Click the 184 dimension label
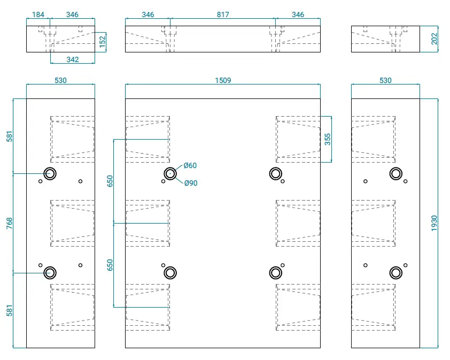38,14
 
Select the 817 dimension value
223,14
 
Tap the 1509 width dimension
223,80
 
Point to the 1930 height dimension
434,223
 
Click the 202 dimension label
434,39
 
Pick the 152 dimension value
102,42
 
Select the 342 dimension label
72,59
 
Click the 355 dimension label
328,139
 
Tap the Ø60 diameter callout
190,165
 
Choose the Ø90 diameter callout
191,183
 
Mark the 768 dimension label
10,223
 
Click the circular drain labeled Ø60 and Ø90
170,168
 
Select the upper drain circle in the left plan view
50,168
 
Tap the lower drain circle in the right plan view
396,267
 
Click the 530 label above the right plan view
385,80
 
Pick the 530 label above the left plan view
60,80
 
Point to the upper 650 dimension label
110,181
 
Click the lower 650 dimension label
110,265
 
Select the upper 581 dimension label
10,136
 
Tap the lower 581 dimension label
10,311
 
